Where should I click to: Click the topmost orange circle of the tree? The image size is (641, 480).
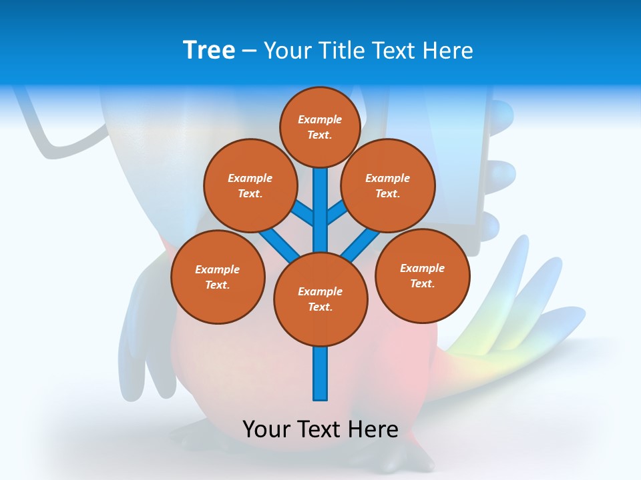tap(320, 127)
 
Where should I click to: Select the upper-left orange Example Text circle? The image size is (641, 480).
tap(250, 186)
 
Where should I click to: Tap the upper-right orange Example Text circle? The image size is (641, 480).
tap(388, 186)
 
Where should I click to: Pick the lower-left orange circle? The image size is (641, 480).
tap(218, 277)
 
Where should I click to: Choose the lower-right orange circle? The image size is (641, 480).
tap(422, 276)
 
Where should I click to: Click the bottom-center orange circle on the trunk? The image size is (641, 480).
tap(320, 299)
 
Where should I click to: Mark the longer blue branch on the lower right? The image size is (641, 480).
tap(361, 243)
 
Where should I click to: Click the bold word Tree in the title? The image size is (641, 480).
tap(209, 51)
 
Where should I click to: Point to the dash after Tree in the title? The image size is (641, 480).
tap(249, 51)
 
